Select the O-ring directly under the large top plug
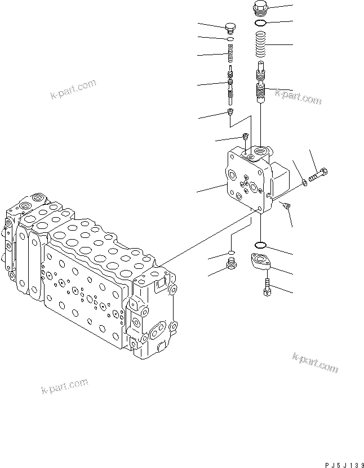(260, 23)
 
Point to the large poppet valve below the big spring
(260, 85)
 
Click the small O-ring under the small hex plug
(230, 39)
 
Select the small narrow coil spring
(230, 55)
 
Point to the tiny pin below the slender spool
(230, 113)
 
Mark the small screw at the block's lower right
(286, 206)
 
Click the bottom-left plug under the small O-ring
(230, 264)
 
